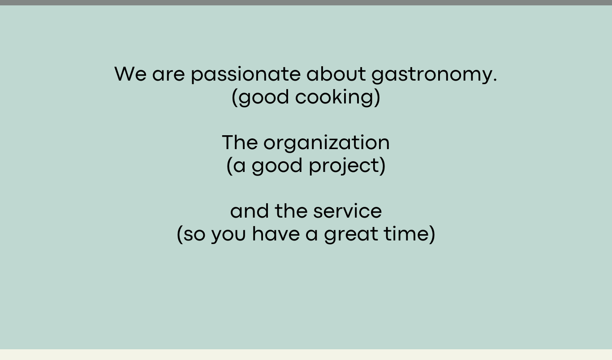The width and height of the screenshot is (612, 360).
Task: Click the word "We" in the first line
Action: pos(130,74)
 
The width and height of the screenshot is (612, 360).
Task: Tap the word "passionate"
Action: pos(246,74)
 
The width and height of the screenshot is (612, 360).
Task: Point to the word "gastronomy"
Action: pos(431,75)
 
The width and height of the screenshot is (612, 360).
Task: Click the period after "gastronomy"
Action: pos(495,80)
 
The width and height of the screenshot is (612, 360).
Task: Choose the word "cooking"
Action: pos(334,97)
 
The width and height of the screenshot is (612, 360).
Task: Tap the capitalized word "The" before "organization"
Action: pos(240,142)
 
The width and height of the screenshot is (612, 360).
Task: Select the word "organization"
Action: pos(327,143)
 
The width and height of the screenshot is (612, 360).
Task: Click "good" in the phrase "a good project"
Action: pos(277,166)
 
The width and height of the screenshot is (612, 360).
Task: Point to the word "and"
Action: pos(250,211)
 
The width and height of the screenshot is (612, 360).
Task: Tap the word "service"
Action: pos(348,211)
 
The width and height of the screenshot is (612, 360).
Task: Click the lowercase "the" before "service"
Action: pos(291,211)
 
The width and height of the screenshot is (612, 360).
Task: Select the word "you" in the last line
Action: pos(228,235)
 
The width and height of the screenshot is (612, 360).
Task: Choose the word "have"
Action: pos(276,234)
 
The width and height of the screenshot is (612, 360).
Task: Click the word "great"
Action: pos(351,235)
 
